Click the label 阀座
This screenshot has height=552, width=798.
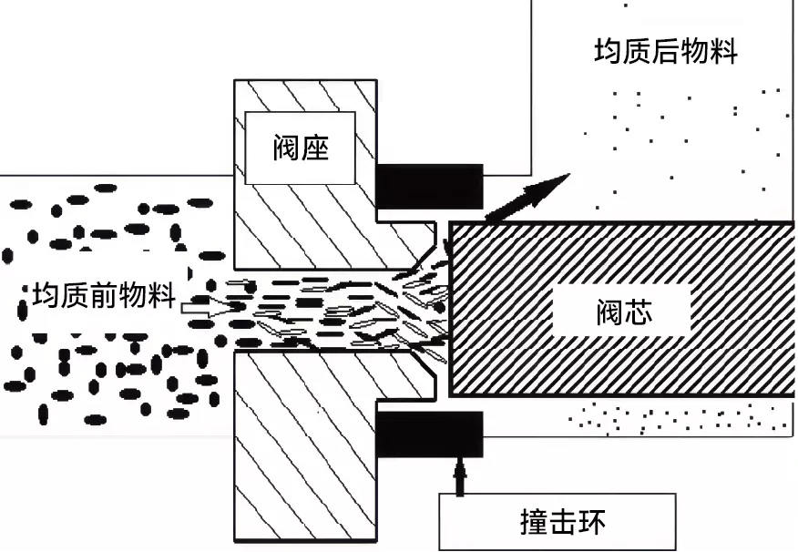[300, 148]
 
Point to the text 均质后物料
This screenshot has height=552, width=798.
[666, 50]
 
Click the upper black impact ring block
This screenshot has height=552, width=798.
[428, 186]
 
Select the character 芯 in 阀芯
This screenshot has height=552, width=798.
[641, 313]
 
